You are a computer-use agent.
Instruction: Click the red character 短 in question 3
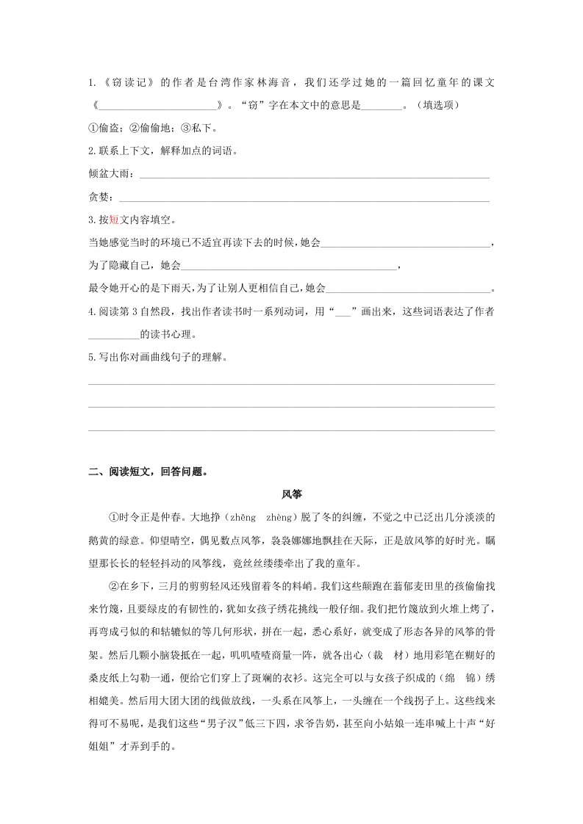114,220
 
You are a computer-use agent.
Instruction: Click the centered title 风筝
291,495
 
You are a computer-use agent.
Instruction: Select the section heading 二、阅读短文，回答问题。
148,472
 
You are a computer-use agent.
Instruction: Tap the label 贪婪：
102,197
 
